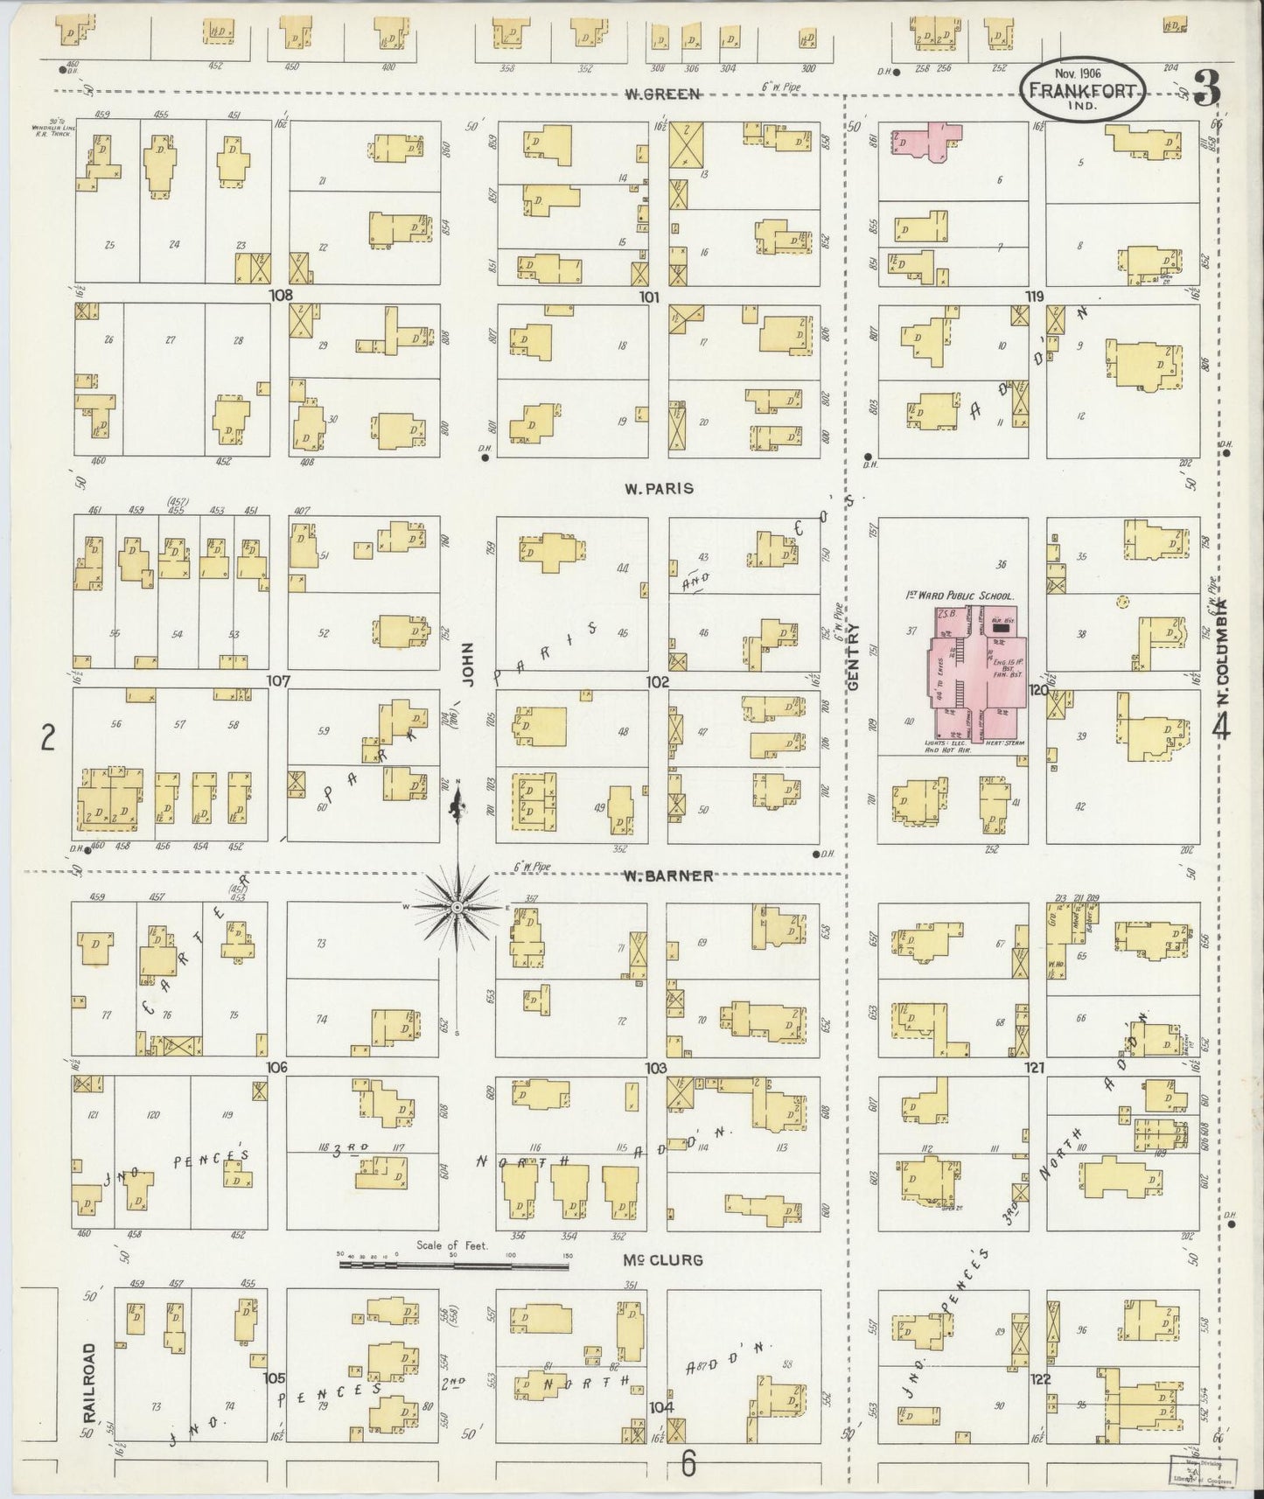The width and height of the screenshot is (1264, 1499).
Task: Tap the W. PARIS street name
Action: pyautogui.click(x=659, y=488)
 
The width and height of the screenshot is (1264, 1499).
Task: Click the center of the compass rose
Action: pyautogui.click(x=457, y=908)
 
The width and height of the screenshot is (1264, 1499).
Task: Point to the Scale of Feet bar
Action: pyautogui.click(x=455, y=1264)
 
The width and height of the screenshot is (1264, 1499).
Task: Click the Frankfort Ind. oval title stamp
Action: pyautogui.click(x=1082, y=90)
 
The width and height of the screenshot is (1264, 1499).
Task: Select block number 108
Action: pyautogui.click(x=280, y=296)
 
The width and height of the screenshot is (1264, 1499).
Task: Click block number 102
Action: pyautogui.click(x=658, y=682)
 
